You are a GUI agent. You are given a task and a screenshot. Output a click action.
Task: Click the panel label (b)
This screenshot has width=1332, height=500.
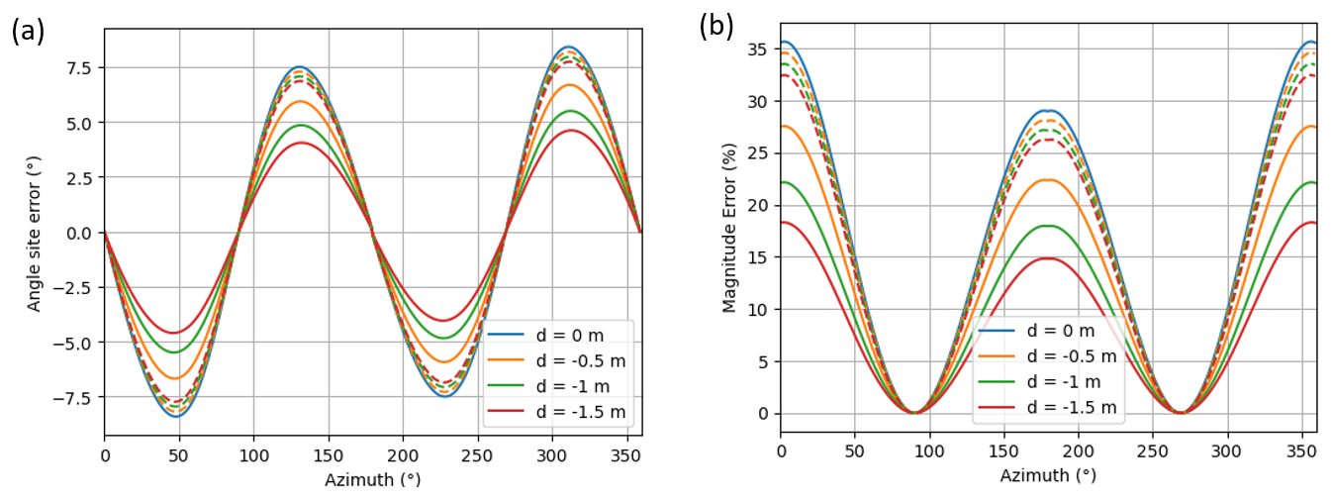[x=715, y=27]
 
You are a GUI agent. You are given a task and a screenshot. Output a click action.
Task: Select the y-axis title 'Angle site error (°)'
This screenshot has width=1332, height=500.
[x=35, y=233]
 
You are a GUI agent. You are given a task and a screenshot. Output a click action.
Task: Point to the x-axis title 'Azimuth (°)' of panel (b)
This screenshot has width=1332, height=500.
[x=1048, y=475]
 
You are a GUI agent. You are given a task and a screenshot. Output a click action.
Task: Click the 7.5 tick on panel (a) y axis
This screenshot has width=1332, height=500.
[x=79, y=67]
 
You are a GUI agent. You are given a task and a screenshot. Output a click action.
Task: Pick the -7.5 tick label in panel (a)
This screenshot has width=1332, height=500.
[x=75, y=398]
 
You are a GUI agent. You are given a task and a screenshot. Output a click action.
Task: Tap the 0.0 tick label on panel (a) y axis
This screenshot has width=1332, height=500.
[x=79, y=233]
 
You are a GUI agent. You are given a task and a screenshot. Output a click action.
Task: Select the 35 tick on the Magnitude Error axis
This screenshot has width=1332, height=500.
[x=760, y=49]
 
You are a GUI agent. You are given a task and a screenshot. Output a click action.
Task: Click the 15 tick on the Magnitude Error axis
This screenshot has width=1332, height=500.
[x=760, y=257]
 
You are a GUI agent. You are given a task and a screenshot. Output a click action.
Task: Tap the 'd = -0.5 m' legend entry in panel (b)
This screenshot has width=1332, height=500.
[x=1071, y=355]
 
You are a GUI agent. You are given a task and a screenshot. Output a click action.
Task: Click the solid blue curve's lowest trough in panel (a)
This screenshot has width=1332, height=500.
[x=176, y=416]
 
